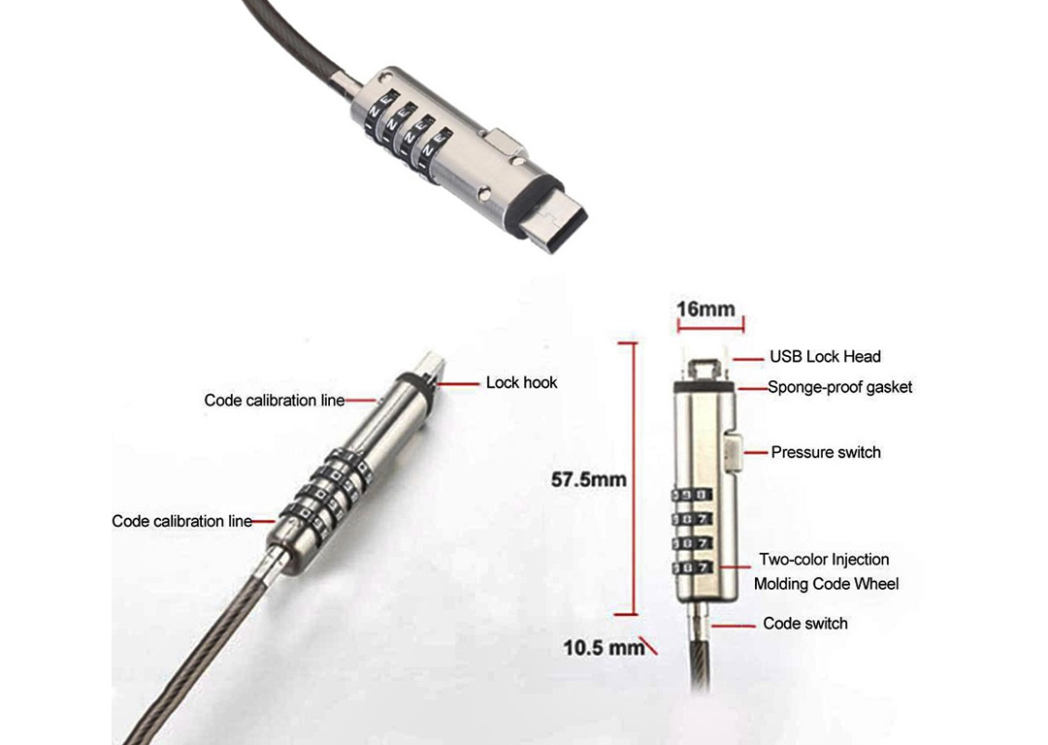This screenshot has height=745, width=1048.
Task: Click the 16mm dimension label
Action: coord(705,309)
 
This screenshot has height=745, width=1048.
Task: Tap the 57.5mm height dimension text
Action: coord(588,479)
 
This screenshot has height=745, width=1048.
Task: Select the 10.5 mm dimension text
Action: coord(604,647)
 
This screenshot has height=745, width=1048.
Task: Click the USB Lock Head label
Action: coord(825,357)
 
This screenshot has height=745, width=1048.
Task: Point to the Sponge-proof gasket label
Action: coord(839,387)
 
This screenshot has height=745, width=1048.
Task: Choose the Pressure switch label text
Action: coord(826,452)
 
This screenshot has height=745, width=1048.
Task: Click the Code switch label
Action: coord(805,623)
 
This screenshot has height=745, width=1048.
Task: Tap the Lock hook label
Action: coord(521,382)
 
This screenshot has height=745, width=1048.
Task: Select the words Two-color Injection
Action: coord(824,560)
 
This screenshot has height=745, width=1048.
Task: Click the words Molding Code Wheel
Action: coord(826,584)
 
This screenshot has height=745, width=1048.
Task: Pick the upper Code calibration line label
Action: coord(275,400)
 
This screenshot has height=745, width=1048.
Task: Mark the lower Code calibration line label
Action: coord(182,521)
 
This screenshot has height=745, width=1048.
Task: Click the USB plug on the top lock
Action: coord(559,215)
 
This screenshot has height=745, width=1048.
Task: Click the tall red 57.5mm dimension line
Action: coord(636,479)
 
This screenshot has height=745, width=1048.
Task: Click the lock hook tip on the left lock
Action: coord(427,364)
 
